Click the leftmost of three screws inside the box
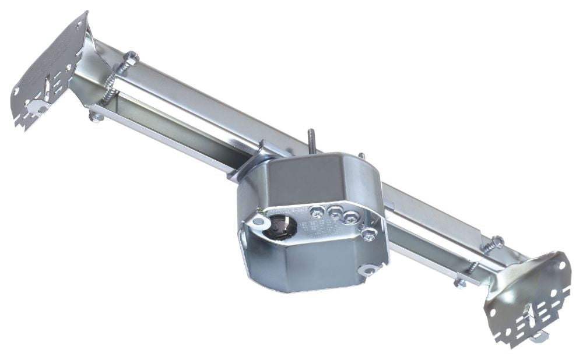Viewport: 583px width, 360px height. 319,209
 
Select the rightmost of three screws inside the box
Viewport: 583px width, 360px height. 350,217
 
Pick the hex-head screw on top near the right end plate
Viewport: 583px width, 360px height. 497,241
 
